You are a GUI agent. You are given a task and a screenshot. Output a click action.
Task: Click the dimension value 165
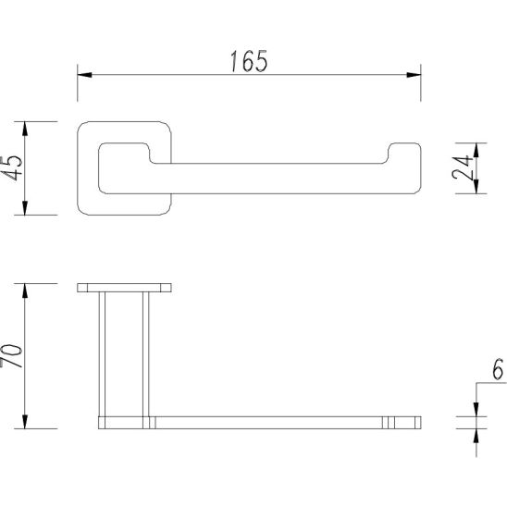[248, 61]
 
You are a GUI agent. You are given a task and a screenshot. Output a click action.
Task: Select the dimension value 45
[12, 167]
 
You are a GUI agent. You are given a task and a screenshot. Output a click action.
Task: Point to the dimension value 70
[12, 355]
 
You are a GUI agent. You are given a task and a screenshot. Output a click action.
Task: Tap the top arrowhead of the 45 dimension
[27, 125]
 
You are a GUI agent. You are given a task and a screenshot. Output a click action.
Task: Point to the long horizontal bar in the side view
[268, 424]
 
